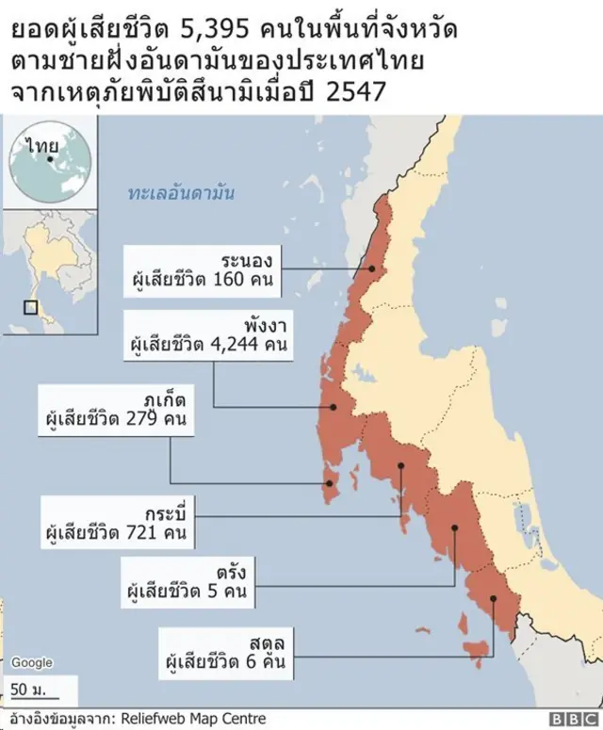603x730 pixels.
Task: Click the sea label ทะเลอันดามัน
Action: click(181, 193)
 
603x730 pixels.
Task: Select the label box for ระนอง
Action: click(204, 268)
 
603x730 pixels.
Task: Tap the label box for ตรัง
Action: click(186, 581)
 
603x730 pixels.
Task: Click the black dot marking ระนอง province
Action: click(372, 268)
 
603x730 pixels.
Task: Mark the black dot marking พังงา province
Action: click(332, 407)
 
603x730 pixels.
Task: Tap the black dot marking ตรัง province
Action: click(454, 527)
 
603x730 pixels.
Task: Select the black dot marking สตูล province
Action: click(493, 599)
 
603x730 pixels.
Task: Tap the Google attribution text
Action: click(31, 662)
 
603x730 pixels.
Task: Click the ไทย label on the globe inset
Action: click(42, 147)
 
